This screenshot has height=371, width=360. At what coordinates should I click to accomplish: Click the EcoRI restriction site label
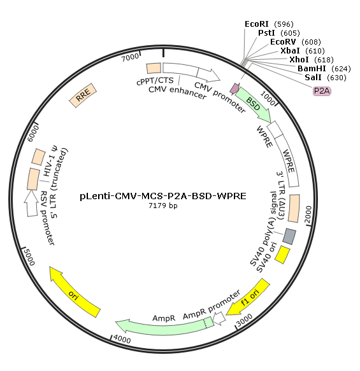click(269, 24)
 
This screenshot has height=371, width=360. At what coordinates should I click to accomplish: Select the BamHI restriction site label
click(324, 69)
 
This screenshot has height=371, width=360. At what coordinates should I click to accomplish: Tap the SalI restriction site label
click(326, 78)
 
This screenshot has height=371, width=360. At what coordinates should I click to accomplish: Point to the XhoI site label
click(311, 60)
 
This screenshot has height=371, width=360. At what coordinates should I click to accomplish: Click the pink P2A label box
click(322, 91)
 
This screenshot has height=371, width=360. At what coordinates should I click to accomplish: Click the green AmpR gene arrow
click(164, 326)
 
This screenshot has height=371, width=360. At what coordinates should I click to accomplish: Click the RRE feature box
click(83, 95)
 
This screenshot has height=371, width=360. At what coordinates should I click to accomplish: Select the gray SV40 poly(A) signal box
click(289, 236)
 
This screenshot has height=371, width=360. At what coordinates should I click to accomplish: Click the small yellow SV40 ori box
click(282, 255)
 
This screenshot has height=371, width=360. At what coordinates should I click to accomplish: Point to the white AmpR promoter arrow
click(219, 318)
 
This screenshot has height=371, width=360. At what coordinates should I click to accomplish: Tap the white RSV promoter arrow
click(31, 203)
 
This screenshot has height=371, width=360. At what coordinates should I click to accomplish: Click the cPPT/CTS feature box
click(154, 68)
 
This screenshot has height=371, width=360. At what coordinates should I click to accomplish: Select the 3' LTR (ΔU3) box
click(294, 209)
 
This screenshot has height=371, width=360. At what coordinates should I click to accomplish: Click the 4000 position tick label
click(122, 339)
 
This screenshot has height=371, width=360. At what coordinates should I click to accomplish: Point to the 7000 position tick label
click(130, 57)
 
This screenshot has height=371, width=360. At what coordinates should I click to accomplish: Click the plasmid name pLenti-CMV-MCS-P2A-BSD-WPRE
click(163, 196)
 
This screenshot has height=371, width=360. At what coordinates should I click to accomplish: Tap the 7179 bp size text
click(163, 206)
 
